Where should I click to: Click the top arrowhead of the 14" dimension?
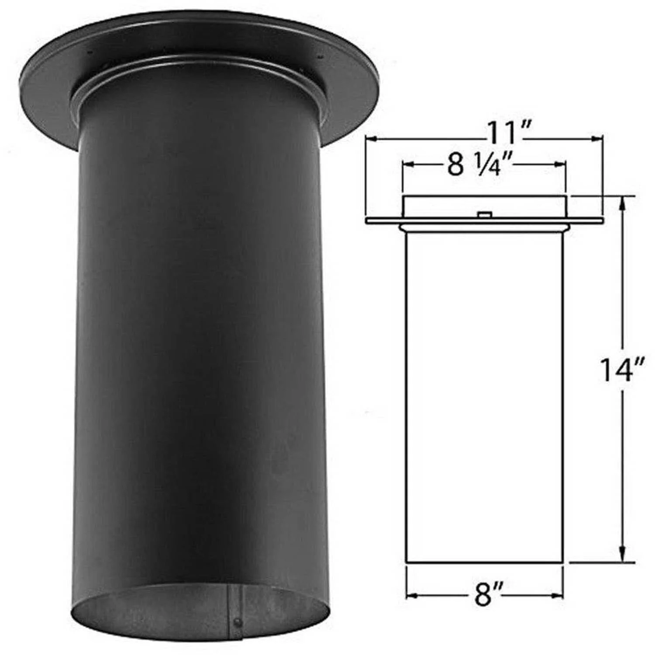tap(624, 201)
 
